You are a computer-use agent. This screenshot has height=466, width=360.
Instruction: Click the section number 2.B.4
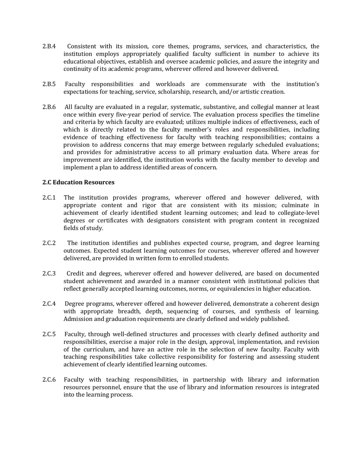49,46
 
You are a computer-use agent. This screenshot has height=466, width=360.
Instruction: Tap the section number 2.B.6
49,107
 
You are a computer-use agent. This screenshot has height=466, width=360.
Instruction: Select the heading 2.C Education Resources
78,182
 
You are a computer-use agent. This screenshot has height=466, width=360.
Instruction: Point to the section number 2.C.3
49,274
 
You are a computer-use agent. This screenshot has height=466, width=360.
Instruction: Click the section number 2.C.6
49,380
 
